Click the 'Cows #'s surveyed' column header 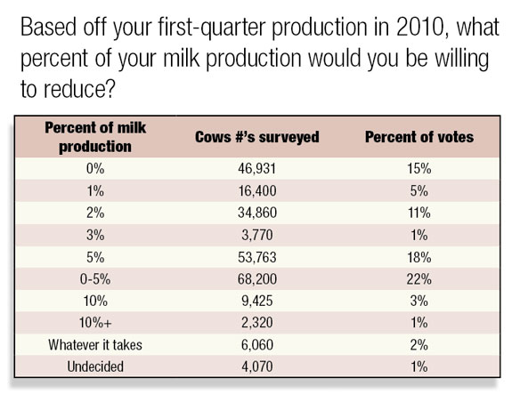click(257, 137)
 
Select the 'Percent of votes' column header click(419, 137)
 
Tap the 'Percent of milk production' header click(95, 137)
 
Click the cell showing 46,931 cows click(257, 169)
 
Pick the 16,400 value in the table click(257, 190)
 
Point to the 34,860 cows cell click(257, 213)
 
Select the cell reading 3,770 click(257, 235)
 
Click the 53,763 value click(257, 257)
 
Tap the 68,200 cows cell click(257, 279)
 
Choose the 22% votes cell click(419, 279)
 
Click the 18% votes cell click(419, 257)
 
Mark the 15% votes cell click(419, 169)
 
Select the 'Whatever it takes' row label click(95, 344)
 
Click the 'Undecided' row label click(95, 366)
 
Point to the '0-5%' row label click(95, 279)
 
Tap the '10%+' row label click(95, 323)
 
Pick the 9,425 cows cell click(257, 301)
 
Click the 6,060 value click(257, 344)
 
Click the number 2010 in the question click(420, 27)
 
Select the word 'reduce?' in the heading click(79, 89)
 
